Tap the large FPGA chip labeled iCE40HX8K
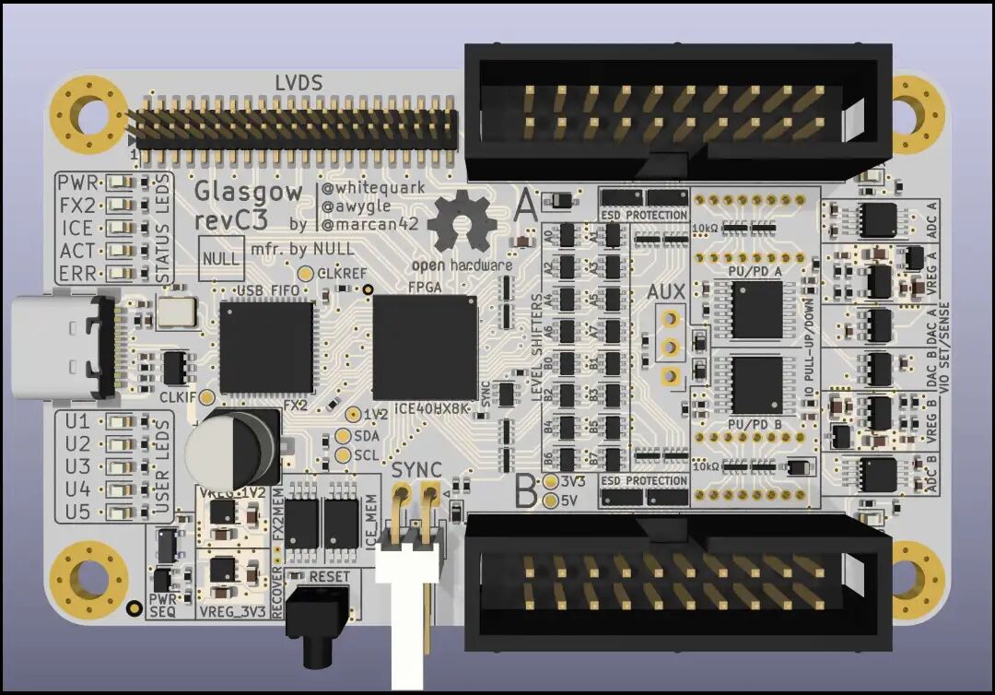click(x=425, y=345)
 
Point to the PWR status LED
click(x=120, y=182)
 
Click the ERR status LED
click(x=120, y=274)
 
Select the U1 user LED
click(x=120, y=421)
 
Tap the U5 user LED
click(x=120, y=512)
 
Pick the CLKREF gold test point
click(x=306, y=274)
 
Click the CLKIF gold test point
click(x=207, y=397)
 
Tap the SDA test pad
click(x=345, y=436)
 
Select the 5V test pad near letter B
click(x=551, y=501)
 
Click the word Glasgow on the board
click(x=248, y=192)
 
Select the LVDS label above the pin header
click(x=298, y=84)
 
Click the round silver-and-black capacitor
click(x=231, y=449)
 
